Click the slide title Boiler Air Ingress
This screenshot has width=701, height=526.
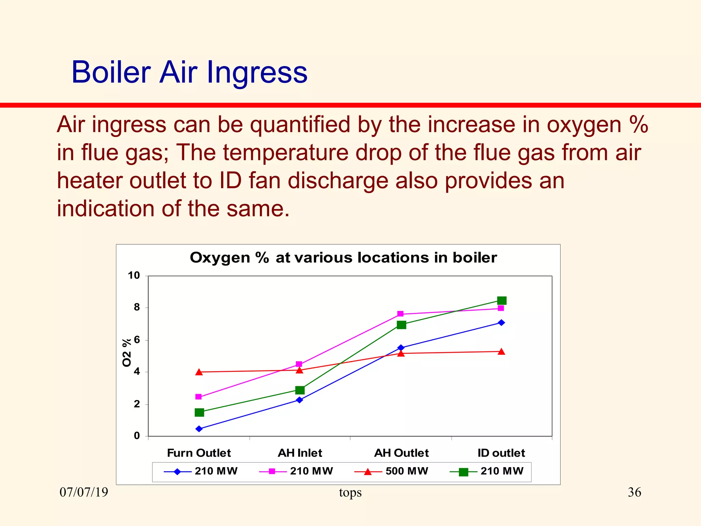189,72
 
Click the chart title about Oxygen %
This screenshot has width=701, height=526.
343,258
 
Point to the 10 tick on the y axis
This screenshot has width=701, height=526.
134,275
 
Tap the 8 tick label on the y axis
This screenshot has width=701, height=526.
137,307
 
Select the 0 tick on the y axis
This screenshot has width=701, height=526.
137,436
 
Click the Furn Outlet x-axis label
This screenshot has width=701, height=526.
199,453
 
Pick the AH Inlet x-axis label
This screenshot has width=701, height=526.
300,453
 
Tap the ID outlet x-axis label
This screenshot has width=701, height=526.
501,453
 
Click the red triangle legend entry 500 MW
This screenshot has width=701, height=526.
392,471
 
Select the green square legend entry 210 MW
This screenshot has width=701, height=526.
487,471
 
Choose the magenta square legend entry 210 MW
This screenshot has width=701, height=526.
296,471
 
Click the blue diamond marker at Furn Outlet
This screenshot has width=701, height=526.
199,429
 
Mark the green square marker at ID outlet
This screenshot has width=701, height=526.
501,301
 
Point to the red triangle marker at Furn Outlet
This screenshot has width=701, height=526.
199,372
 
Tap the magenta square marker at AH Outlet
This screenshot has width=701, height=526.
400,314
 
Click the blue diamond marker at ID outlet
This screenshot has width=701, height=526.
501,323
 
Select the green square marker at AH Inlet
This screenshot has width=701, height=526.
300,390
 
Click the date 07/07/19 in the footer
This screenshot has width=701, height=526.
84,492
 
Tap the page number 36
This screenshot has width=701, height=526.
634,492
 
